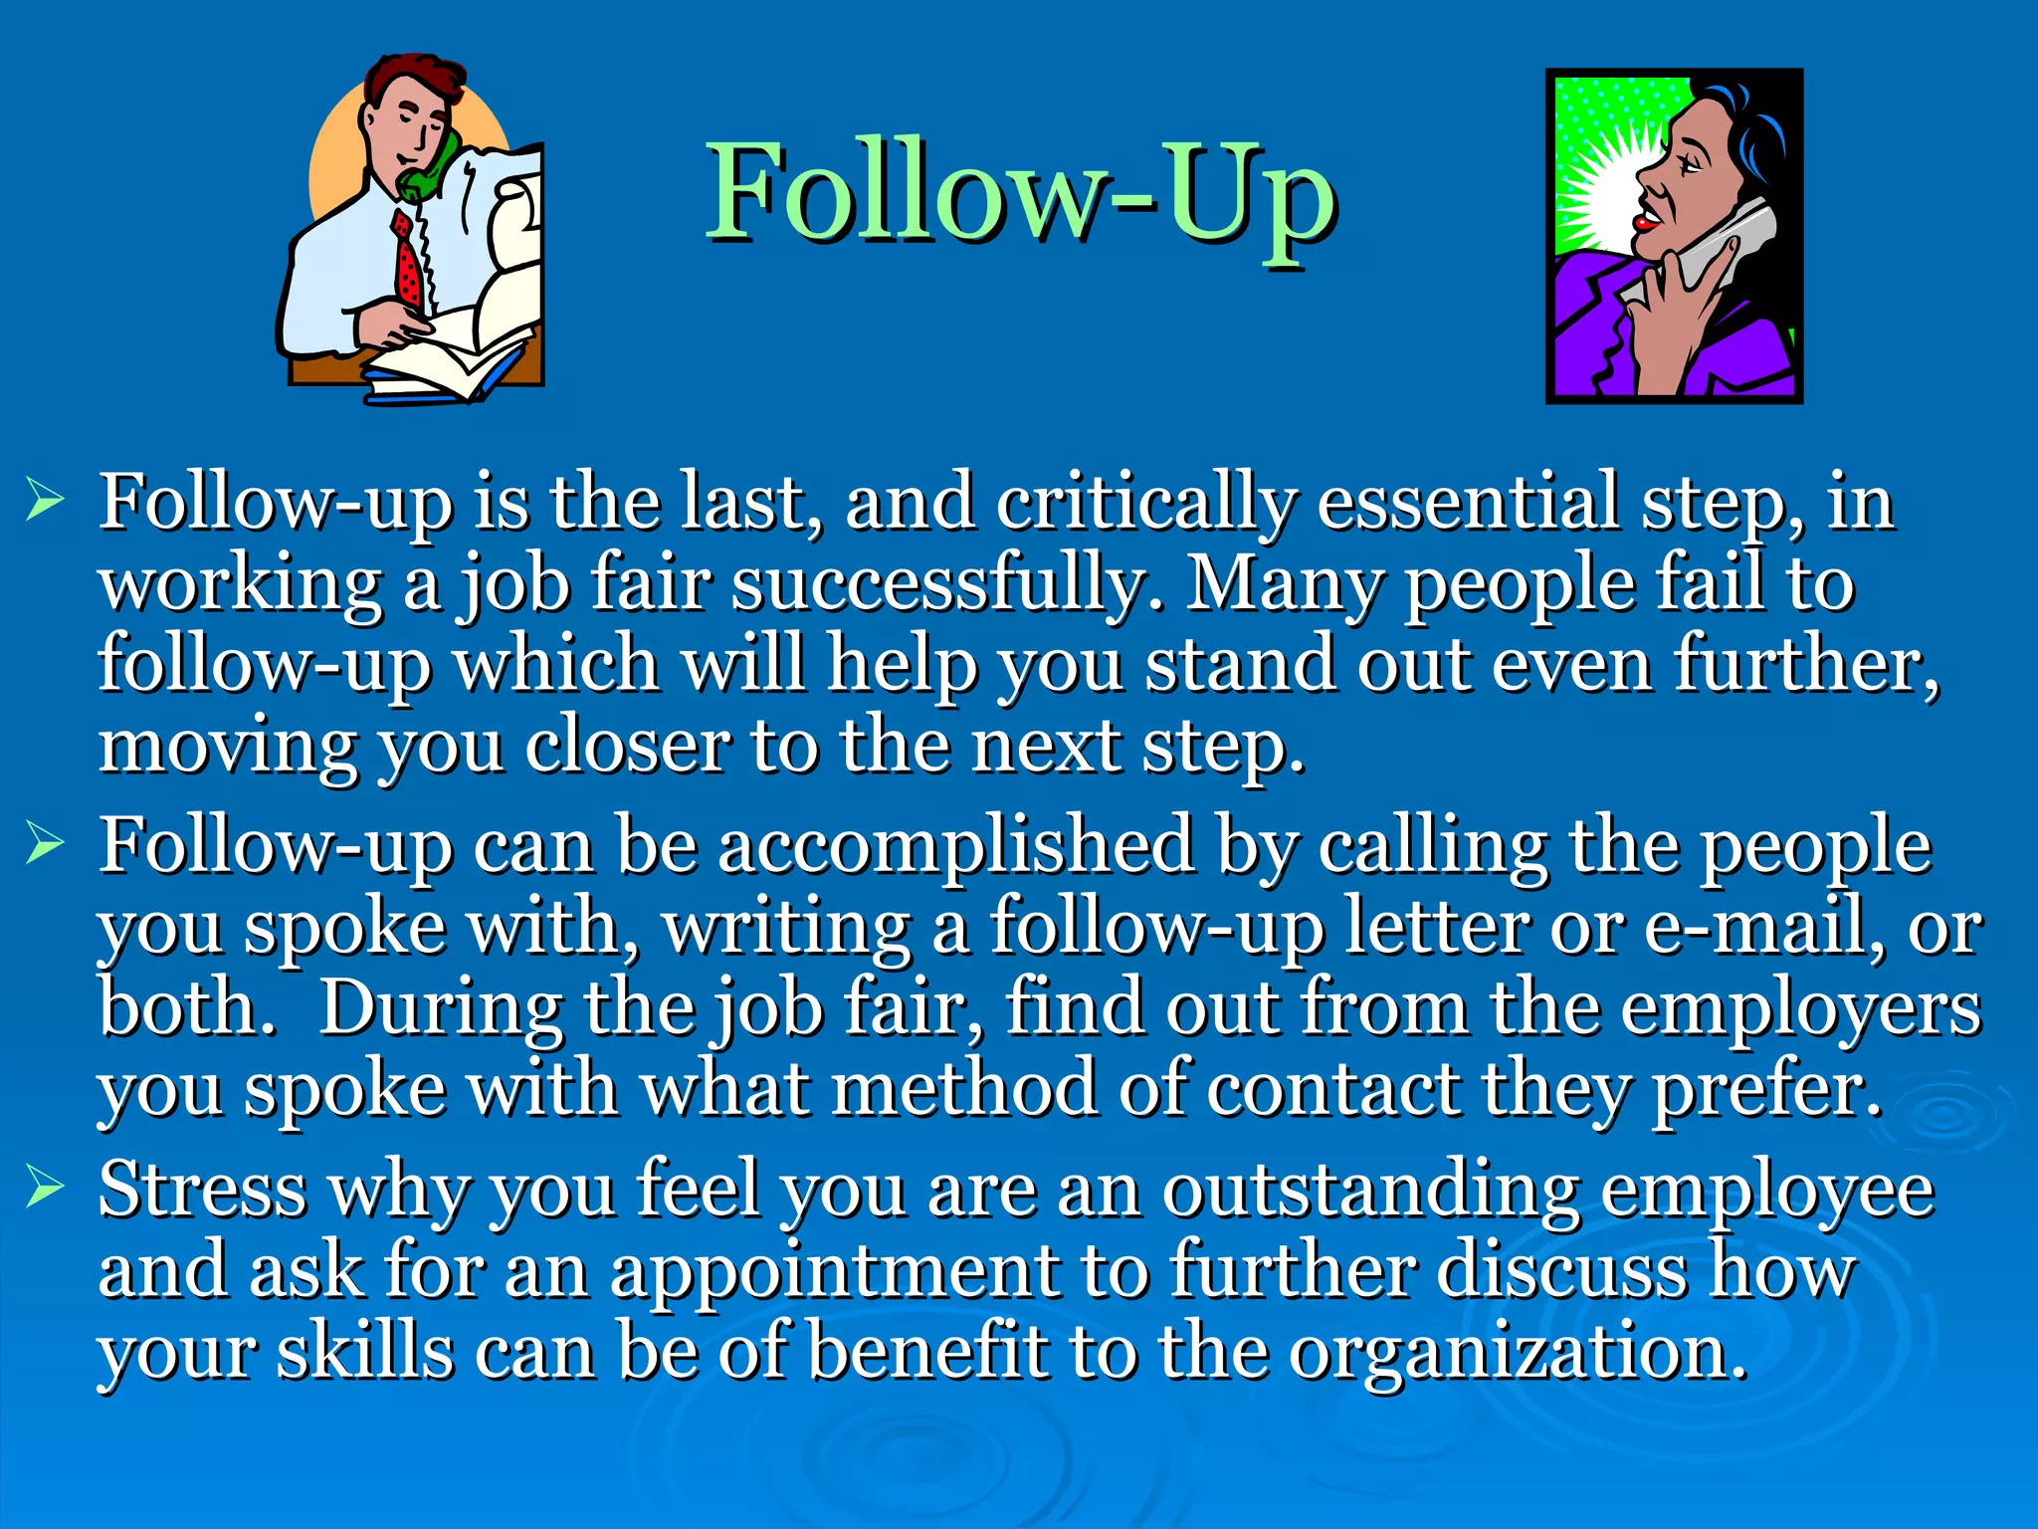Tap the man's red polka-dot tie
click(x=407, y=261)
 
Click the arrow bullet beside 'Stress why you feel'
click(x=46, y=1187)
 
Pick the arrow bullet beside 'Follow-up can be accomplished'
click(x=46, y=843)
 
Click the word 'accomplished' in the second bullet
click(x=955, y=846)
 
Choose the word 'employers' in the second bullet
click(x=1801, y=1009)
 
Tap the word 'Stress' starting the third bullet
click(x=203, y=1189)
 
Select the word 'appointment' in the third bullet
click(x=836, y=1272)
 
